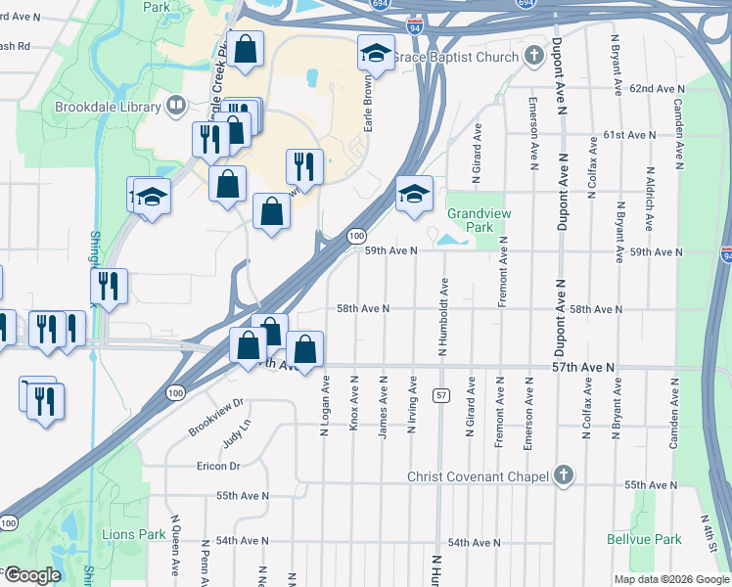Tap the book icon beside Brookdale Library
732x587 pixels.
(177, 104)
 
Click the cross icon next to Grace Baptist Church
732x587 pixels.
(533, 55)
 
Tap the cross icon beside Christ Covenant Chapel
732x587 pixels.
(563, 475)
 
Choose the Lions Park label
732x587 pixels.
(134, 534)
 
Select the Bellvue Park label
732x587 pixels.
(654, 539)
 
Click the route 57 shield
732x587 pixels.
(442, 394)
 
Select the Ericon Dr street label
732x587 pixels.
(217, 466)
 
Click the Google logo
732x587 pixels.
(32, 575)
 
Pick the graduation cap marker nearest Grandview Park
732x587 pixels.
(414, 194)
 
